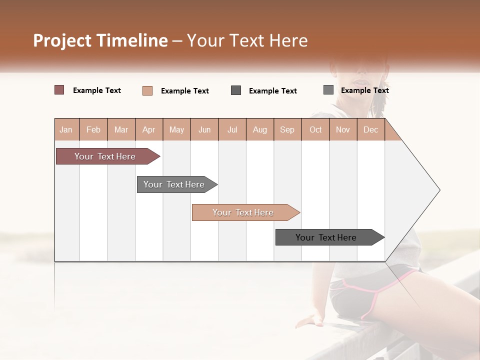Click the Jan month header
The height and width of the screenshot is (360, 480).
pos(66,129)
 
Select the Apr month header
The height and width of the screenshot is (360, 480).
pos(148,129)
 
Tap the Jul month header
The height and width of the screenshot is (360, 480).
pos(232,129)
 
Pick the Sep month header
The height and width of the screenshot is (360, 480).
pos(287,129)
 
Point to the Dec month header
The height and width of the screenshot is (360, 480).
pos(370,129)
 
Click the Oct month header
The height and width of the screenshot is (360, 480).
pos(315,129)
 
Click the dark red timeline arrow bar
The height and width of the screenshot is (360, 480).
pos(105,156)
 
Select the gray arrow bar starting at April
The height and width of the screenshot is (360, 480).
pos(174,184)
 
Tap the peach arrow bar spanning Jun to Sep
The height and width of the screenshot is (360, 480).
pos(243,212)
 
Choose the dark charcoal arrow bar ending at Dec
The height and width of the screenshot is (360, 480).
pos(326,237)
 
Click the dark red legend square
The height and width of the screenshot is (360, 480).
pos(59,90)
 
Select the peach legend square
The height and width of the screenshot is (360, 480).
pos(147,90)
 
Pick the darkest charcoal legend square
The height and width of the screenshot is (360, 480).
pos(236,90)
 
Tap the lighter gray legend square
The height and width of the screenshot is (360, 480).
pos(328,90)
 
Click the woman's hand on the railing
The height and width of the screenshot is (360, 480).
pos(310,320)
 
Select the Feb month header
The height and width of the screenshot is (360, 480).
pos(93,129)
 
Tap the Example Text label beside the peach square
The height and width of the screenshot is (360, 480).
pos(184,91)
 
